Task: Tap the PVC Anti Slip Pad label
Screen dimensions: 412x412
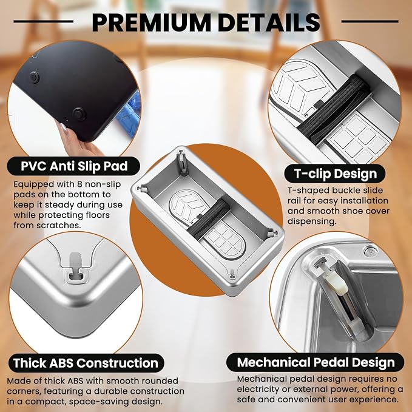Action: [x=74, y=166]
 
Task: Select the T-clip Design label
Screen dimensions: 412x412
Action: [x=336, y=174]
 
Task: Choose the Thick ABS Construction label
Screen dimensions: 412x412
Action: [x=86, y=363]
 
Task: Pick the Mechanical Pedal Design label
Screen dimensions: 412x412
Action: [x=316, y=362]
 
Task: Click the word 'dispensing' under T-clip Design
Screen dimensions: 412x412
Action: [x=312, y=221]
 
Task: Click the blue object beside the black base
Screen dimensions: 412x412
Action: [x=129, y=116]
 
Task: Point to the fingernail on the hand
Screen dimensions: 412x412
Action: [x=63, y=127]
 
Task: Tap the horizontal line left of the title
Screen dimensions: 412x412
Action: [x=43, y=22]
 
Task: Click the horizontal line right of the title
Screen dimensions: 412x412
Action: [x=370, y=22]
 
